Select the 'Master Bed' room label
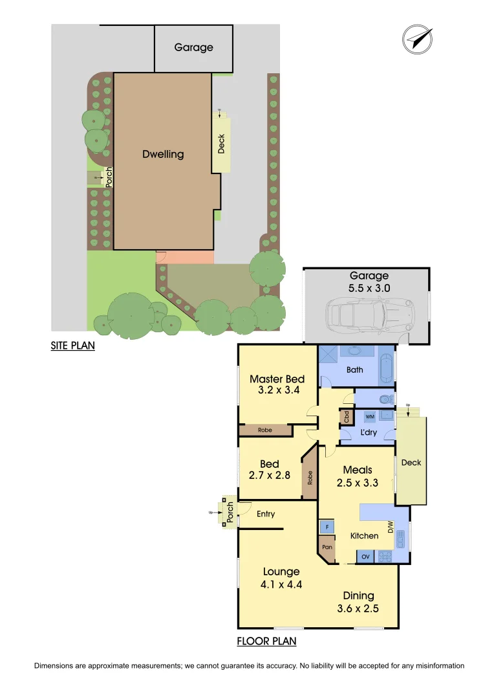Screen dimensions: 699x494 [x=277, y=379]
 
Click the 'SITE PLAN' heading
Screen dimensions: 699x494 [x=73, y=346]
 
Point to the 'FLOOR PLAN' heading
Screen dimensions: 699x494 [x=266, y=641]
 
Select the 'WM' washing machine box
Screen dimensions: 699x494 [x=370, y=416]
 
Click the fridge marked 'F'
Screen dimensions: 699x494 [x=327, y=527]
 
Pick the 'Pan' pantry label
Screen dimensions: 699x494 [x=327, y=548]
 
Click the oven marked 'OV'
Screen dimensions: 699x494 [x=365, y=556]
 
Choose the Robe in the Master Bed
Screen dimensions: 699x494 [x=264, y=430]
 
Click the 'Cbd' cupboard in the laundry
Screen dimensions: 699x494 [x=347, y=417]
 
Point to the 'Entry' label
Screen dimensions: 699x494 [x=266, y=514]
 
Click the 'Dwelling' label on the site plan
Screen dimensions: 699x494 [x=163, y=154]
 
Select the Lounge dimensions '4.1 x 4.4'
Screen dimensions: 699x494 [x=281, y=584]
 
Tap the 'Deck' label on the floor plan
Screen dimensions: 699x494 [x=411, y=462]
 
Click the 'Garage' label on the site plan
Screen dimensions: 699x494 [x=193, y=47]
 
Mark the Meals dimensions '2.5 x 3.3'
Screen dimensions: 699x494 [x=357, y=482]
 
